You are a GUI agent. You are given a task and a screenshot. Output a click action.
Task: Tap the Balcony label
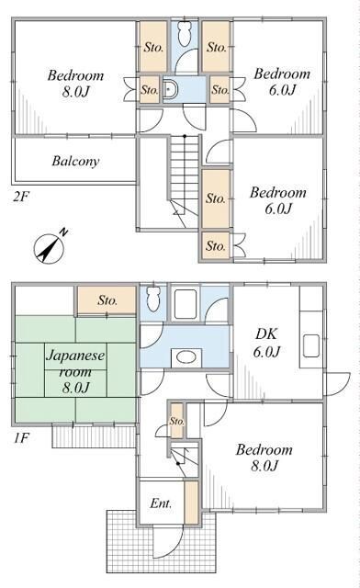click(75, 162)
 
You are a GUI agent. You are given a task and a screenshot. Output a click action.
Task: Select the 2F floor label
click(21, 197)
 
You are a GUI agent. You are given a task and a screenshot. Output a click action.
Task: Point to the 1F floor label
click(21, 437)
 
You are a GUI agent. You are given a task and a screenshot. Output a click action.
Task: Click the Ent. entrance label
click(161, 503)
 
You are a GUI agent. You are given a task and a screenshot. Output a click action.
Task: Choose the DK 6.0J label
click(266, 343)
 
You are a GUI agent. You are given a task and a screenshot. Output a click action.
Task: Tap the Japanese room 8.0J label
click(75, 371)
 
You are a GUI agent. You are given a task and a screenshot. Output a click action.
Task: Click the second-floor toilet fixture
click(184, 33)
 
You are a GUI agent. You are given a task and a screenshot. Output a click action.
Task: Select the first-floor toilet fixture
click(153, 299)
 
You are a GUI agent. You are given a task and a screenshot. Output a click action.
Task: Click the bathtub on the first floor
click(186, 304)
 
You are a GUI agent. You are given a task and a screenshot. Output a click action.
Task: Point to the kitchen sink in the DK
click(311, 345)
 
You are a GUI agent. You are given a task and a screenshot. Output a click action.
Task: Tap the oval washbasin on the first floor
click(186, 356)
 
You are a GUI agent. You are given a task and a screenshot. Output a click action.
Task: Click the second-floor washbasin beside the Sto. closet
click(170, 90)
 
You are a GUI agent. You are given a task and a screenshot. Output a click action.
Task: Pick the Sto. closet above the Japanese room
click(107, 300)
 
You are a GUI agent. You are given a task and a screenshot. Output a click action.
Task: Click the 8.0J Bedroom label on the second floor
click(75, 84)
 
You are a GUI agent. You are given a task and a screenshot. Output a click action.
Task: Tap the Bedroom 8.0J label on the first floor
click(264, 458)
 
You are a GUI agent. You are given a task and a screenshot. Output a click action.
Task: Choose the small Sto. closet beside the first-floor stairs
click(177, 421)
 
